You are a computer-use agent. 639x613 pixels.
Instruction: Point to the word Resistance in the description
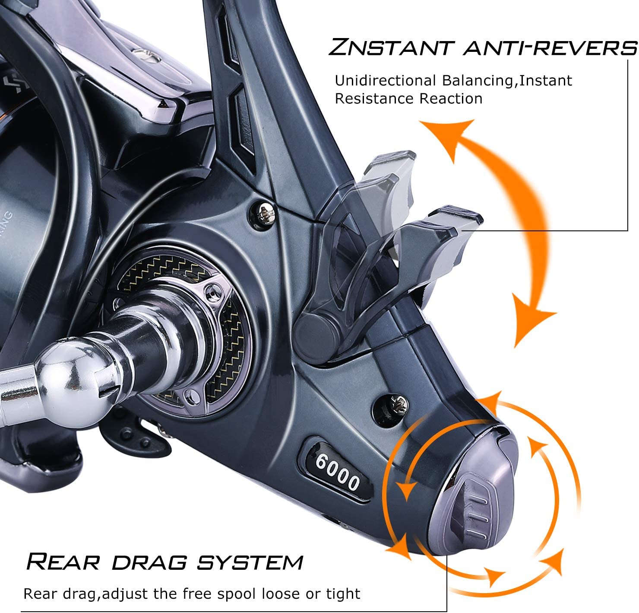coord(370,99)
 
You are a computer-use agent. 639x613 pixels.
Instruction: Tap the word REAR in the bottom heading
coord(63,562)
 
